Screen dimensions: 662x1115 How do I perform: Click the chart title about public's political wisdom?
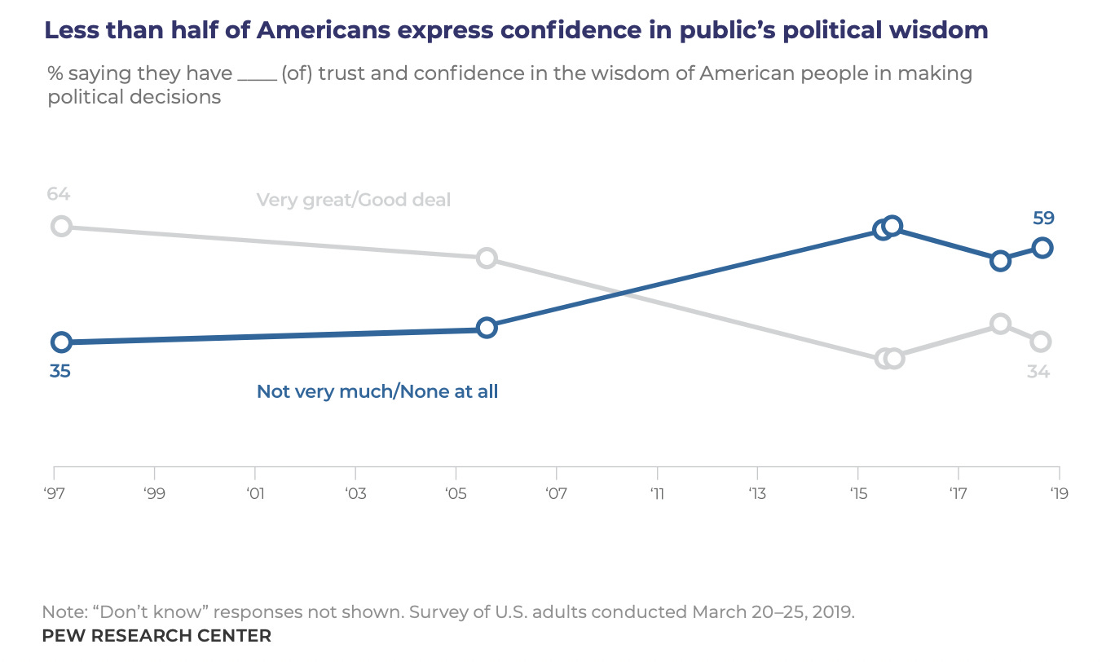(515, 31)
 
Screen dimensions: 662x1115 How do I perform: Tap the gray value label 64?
(58, 194)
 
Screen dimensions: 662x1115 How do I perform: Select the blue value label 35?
(59, 371)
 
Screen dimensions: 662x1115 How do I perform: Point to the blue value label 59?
(1042, 218)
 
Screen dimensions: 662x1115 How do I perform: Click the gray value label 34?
(1038, 372)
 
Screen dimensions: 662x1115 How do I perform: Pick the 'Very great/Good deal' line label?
(353, 200)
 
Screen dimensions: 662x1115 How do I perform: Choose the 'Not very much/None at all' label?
(377, 391)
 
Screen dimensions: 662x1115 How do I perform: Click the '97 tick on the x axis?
(54, 493)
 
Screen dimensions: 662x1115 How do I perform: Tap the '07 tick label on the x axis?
(556, 493)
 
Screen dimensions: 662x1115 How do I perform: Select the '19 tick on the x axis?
(1059, 493)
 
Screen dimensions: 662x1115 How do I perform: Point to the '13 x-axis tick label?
(757, 493)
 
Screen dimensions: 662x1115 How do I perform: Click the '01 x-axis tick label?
(255, 493)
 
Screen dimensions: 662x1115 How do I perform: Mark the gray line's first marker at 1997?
(61, 226)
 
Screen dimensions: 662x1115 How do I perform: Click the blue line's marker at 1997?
(60, 342)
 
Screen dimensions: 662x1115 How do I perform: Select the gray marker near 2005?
(486, 258)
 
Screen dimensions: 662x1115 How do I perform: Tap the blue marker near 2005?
(486, 328)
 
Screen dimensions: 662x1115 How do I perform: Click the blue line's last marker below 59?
(1042, 248)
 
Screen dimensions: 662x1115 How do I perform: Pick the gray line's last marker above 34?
(1040, 342)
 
